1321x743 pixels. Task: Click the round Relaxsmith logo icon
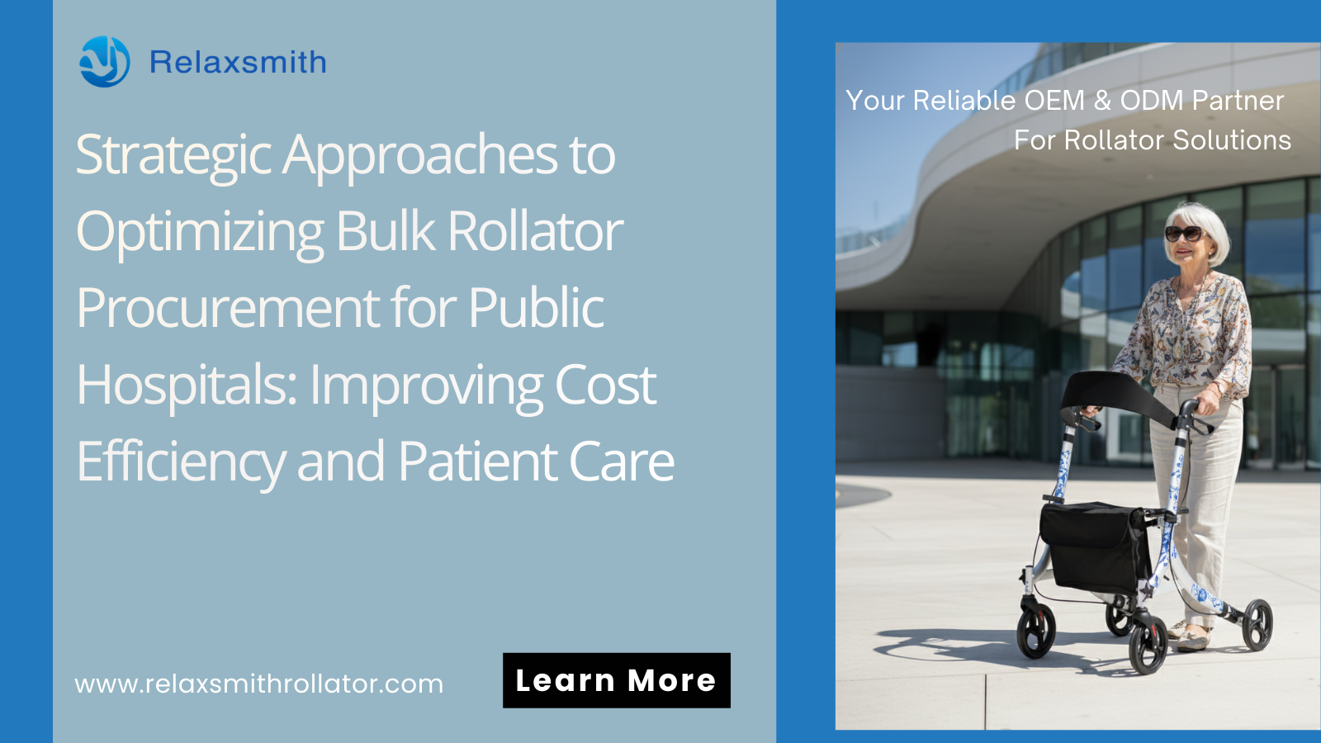[x=104, y=62]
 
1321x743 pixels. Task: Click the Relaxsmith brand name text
[x=238, y=63]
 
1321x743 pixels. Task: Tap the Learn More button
[x=616, y=680]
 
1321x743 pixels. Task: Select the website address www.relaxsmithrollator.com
[x=259, y=684]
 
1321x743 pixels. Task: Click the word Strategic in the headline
[x=173, y=155]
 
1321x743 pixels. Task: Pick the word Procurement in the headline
[x=228, y=308]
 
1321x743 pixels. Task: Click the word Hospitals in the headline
[x=186, y=385]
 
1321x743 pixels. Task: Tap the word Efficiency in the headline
[x=180, y=461]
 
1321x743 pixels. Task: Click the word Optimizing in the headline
[x=200, y=232]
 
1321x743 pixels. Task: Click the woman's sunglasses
[x=1183, y=233]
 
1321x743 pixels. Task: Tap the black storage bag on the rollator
[x=1094, y=545]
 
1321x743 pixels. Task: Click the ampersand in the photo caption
[x=1102, y=101]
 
